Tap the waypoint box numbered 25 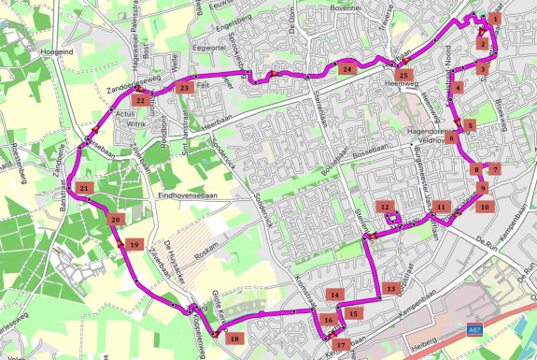[x=403, y=74]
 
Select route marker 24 [x=346, y=68]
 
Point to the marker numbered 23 [x=183, y=88]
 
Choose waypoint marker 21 [x=84, y=189]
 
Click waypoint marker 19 [x=134, y=245]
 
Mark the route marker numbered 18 [x=234, y=338]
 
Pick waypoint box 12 [x=384, y=207]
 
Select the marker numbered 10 [x=485, y=208]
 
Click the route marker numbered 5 [x=471, y=124]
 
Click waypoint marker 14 [x=333, y=295]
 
